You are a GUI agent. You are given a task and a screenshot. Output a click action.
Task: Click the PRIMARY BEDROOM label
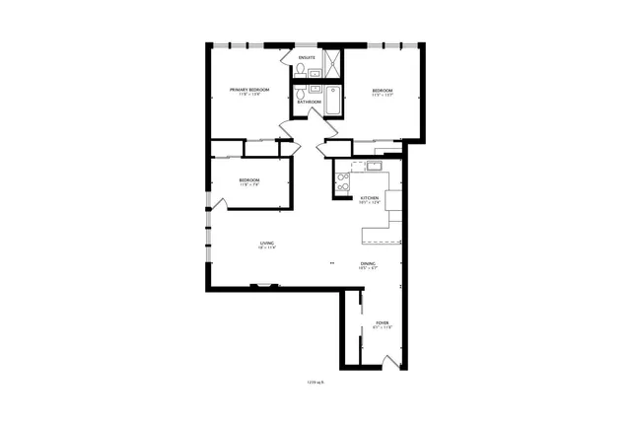tap(249, 90)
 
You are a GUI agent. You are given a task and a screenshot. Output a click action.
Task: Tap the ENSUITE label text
tap(307, 58)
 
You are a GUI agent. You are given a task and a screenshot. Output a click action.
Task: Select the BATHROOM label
tap(310, 101)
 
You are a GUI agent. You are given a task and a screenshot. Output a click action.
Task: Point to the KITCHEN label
tap(370, 198)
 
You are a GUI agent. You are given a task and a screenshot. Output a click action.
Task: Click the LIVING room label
tap(266, 243)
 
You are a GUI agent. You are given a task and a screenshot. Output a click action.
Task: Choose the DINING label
tap(367, 263)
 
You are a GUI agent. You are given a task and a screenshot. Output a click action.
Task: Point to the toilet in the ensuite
tap(301, 69)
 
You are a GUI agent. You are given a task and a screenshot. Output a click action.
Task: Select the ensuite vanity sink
tap(314, 72)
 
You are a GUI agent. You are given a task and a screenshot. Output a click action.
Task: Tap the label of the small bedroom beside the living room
tap(248, 179)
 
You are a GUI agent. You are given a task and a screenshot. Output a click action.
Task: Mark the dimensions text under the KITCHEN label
tap(370, 203)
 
